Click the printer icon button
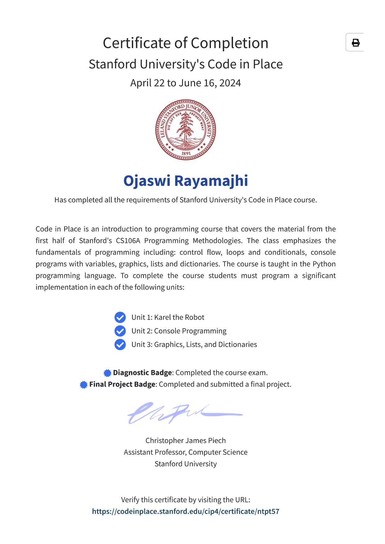pyautogui.click(x=356, y=42)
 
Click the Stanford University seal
pyautogui.click(x=186, y=130)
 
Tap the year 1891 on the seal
pyautogui.click(x=186, y=153)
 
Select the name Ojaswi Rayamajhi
pyautogui.click(x=186, y=181)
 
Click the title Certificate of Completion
pyautogui.click(x=186, y=43)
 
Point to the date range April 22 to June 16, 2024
pyautogui.click(x=186, y=83)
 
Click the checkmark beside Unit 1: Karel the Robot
pyautogui.click(x=120, y=317)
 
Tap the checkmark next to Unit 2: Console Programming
pyautogui.click(x=120, y=331)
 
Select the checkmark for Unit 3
pyautogui.click(x=120, y=345)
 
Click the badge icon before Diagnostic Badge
pyautogui.click(x=107, y=373)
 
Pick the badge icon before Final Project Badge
pyautogui.click(x=84, y=385)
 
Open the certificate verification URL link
pyautogui.click(x=186, y=511)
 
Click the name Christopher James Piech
pyautogui.click(x=186, y=440)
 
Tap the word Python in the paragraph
pyautogui.click(x=324, y=264)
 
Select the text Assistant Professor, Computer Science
pyautogui.click(x=186, y=452)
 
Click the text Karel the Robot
pyautogui.click(x=179, y=317)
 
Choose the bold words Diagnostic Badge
pyautogui.click(x=142, y=373)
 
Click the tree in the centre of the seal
pyautogui.click(x=186, y=127)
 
